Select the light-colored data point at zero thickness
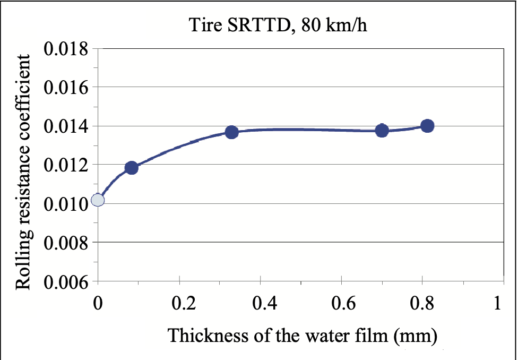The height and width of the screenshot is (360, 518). pyautogui.click(x=98, y=200)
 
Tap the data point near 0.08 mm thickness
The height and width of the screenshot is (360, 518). pyautogui.click(x=132, y=168)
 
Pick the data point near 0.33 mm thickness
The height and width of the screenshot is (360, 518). pyautogui.click(x=231, y=132)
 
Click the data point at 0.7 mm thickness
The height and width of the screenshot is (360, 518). pyautogui.click(x=382, y=130)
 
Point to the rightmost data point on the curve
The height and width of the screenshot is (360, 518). pyautogui.click(x=427, y=126)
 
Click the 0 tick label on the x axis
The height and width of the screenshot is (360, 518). pyautogui.click(x=98, y=304)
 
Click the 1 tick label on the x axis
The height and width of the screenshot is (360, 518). pyautogui.click(x=497, y=304)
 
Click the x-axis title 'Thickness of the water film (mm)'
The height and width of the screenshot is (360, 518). pyautogui.click(x=303, y=336)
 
